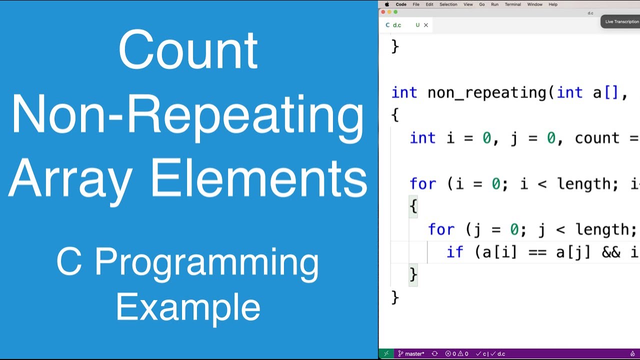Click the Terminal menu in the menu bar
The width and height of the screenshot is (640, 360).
(512, 4)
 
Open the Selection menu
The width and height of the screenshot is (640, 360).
(448, 4)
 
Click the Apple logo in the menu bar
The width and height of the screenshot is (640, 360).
(386, 4)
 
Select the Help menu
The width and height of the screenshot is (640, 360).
(553, 4)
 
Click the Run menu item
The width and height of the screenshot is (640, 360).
(494, 4)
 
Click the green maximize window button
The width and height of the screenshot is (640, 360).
(395, 12)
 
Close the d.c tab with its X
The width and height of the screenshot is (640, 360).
(426, 25)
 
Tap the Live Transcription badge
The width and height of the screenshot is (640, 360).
(621, 21)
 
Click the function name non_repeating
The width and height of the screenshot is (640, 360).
(488, 92)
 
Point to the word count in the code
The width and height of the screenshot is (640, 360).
(597, 138)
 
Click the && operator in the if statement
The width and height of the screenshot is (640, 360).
(611, 252)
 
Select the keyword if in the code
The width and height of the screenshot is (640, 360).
(454, 252)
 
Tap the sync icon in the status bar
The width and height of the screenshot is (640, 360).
(434, 354)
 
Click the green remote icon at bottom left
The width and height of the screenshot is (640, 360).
(386, 354)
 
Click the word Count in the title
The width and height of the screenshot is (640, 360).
(188, 50)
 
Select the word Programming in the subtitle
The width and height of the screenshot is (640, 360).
(206, 262)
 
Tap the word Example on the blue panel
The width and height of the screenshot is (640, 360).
(188, 307)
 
